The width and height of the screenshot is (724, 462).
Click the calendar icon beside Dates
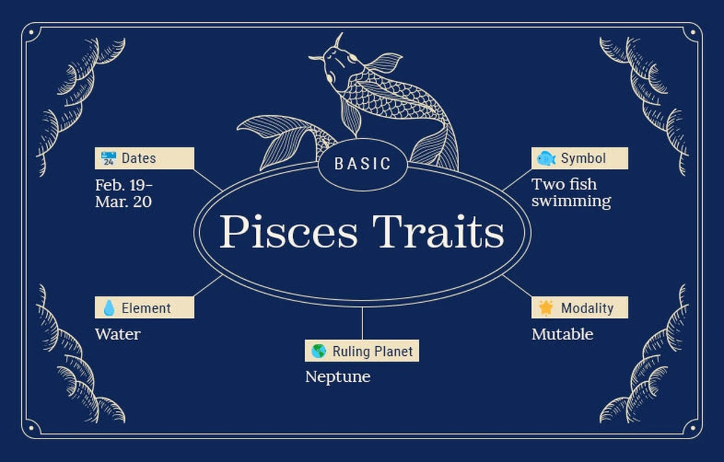point(108,158)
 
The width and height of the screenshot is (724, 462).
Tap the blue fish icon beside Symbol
point(546,158)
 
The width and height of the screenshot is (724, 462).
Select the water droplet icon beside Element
point(109,308)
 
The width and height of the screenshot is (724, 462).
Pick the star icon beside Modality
point(546,308)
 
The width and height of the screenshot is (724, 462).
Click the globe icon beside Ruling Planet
point(319,351)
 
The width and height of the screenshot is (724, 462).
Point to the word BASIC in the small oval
point(363,163)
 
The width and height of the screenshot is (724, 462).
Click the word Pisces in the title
point(288,232)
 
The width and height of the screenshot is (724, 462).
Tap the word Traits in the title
point(438,232)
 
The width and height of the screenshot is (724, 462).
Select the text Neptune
point(338,377)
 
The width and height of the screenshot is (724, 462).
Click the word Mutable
point(562,334)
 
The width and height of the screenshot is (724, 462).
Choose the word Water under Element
point(118,334)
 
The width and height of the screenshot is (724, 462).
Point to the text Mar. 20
point(124,202)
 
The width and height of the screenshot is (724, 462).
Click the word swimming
point(571,201)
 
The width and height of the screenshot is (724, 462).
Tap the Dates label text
point(139,158)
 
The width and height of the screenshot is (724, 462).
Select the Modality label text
point(587,308)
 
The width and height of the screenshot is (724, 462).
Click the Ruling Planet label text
point(372,352)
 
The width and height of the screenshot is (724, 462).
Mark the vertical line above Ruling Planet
point(363,323)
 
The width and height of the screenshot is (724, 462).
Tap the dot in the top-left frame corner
point(31,33)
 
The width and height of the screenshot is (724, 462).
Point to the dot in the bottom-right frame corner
point(693,428)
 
